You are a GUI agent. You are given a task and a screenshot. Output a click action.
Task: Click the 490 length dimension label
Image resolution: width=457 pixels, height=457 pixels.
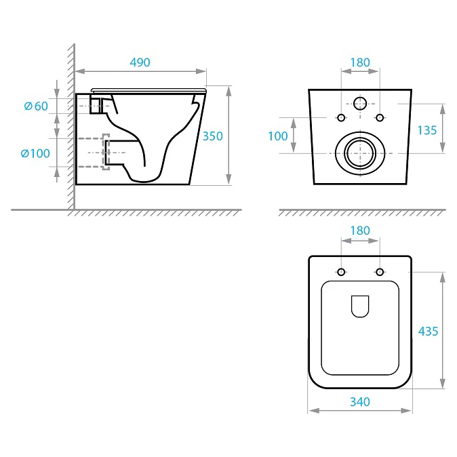(140, 62)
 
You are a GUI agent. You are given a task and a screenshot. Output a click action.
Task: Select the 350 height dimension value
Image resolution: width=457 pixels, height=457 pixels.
(212, 136)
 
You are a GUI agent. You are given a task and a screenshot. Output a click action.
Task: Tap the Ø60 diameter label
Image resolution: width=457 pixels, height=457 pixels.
(36, 106)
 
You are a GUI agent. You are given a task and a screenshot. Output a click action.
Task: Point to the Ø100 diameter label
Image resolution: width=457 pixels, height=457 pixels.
(35, 153)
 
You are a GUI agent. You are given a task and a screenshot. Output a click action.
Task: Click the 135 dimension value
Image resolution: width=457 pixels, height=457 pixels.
(427, 130)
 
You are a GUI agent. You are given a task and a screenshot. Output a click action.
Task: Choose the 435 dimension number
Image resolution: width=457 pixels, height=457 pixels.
(428, 332)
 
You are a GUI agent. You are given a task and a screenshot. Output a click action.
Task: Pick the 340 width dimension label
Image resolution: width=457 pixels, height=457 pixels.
(360, 402)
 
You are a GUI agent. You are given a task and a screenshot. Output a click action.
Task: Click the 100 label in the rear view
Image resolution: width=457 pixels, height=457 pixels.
(278, 136)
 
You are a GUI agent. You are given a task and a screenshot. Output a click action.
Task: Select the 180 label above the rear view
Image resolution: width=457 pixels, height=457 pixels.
(360, 62)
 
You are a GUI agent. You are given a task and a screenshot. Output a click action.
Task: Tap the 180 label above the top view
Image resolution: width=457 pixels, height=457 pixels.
(360, 231)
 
